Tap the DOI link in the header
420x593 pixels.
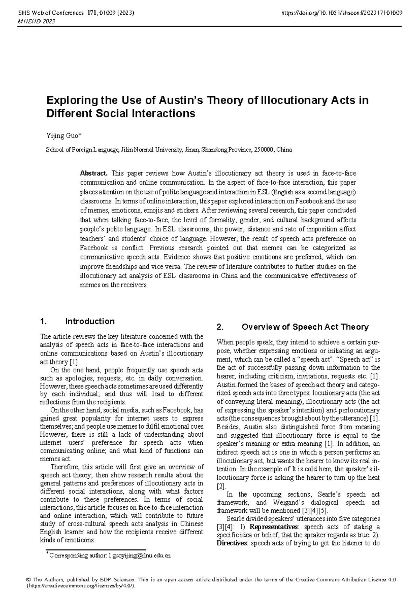coord(341,13)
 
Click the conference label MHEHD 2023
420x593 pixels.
coord(34,21)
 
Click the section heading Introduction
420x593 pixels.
coord(90,321)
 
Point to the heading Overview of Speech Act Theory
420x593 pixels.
coord(305,327)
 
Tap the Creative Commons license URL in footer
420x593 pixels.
coord(81,586)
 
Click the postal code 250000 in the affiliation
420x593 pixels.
coord(264,150)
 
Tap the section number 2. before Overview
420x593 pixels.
coord(220,327)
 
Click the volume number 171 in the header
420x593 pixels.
coord(89,13)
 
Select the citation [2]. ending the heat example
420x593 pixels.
coord(222,486)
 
